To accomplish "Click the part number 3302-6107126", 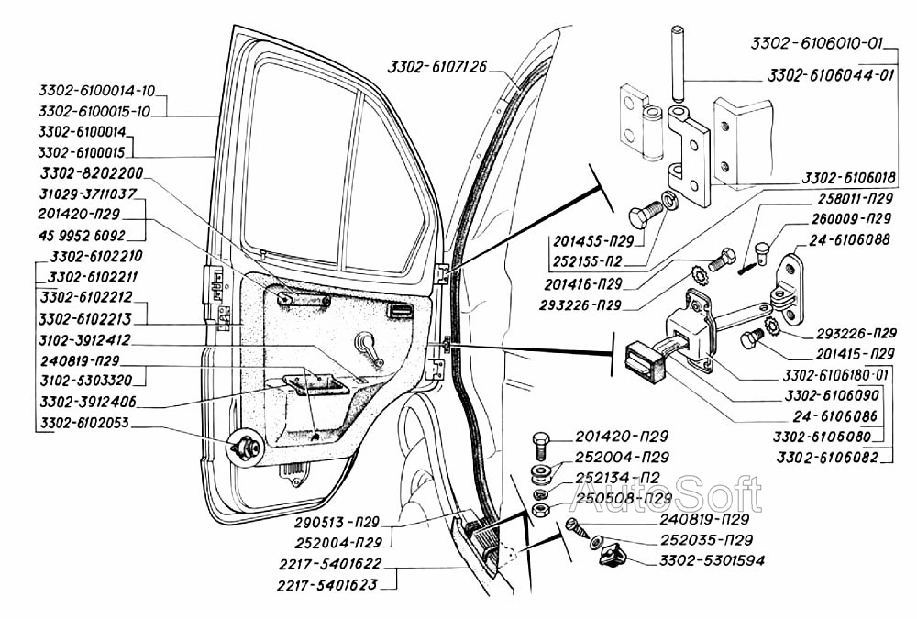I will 436,66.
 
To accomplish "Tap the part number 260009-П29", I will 852,219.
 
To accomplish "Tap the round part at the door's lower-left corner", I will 246,447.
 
